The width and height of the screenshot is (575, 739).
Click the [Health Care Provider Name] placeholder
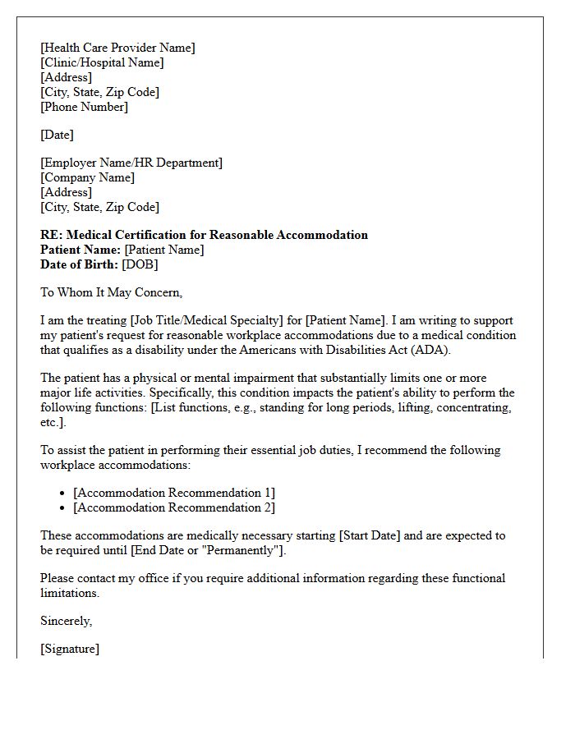(x=117, y=48)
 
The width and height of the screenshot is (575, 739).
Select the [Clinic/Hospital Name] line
(x=102, y=62)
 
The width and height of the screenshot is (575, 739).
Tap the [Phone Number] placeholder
(x=84, y=107)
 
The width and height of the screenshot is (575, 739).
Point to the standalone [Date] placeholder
(x=57, y=135)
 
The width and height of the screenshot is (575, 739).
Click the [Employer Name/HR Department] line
(x=131, y=163)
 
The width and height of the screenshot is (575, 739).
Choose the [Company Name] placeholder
(x=87, y=177)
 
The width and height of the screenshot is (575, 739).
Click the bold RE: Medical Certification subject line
(x=204, y=235)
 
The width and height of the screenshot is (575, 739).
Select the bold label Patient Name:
(x=80, y=250)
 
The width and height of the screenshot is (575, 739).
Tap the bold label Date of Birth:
(x=80, y=264)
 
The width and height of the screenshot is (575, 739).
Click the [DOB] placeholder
(x=140, y=264)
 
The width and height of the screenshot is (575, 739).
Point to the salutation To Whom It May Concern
(x=111, y=292)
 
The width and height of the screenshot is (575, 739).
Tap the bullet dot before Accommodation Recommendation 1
(x=63, y=493)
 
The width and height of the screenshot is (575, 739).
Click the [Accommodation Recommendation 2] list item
(x=174, y=507)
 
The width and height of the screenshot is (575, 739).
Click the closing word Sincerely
(x=66, y=621)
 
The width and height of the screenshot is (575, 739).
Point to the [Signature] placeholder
(x=70, y=649)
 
